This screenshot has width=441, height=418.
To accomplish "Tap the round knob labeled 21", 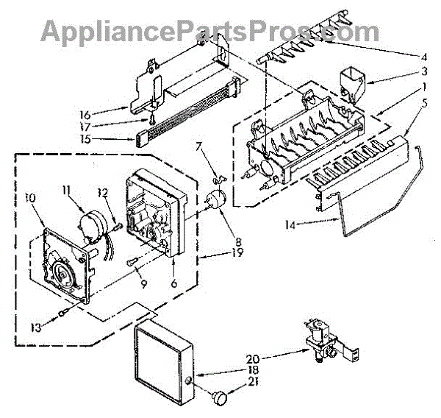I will point(218,398).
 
